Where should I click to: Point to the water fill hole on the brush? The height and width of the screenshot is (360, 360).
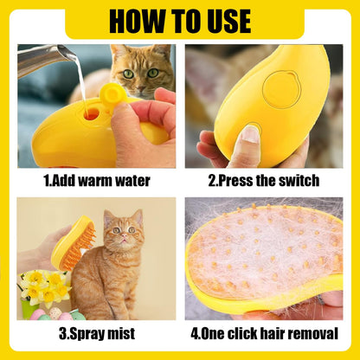(x=90, y=112)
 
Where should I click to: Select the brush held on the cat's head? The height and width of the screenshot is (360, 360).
(x=73, y=243)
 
